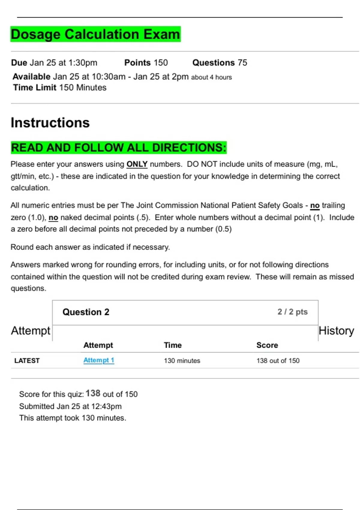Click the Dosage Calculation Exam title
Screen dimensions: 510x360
(95, 34)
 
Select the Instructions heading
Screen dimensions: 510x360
(50, 123)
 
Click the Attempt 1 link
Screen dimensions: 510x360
(99, 360)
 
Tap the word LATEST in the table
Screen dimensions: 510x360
(27, 361)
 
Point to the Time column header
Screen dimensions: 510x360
(172, 345)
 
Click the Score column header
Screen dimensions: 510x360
(267, 345)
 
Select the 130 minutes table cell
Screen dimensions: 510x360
(182, 361)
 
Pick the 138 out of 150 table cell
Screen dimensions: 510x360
(278, 361)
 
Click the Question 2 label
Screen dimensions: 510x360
(86, 312)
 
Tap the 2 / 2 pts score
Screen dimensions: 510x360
(292, 312)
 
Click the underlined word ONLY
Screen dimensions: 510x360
(137, 164)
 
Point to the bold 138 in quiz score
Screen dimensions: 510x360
(93, 393)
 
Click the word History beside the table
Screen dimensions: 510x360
(336, 331)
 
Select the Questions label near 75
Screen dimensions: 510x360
(213, 63)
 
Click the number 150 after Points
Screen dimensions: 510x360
(161, 63)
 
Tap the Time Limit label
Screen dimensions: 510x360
(34, 88)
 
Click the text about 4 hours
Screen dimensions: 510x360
(211, 77)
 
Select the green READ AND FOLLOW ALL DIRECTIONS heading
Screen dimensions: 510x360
(118, 148)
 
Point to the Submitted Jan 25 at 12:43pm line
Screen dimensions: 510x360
(70, 406)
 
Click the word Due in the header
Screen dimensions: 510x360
(19, 63)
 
